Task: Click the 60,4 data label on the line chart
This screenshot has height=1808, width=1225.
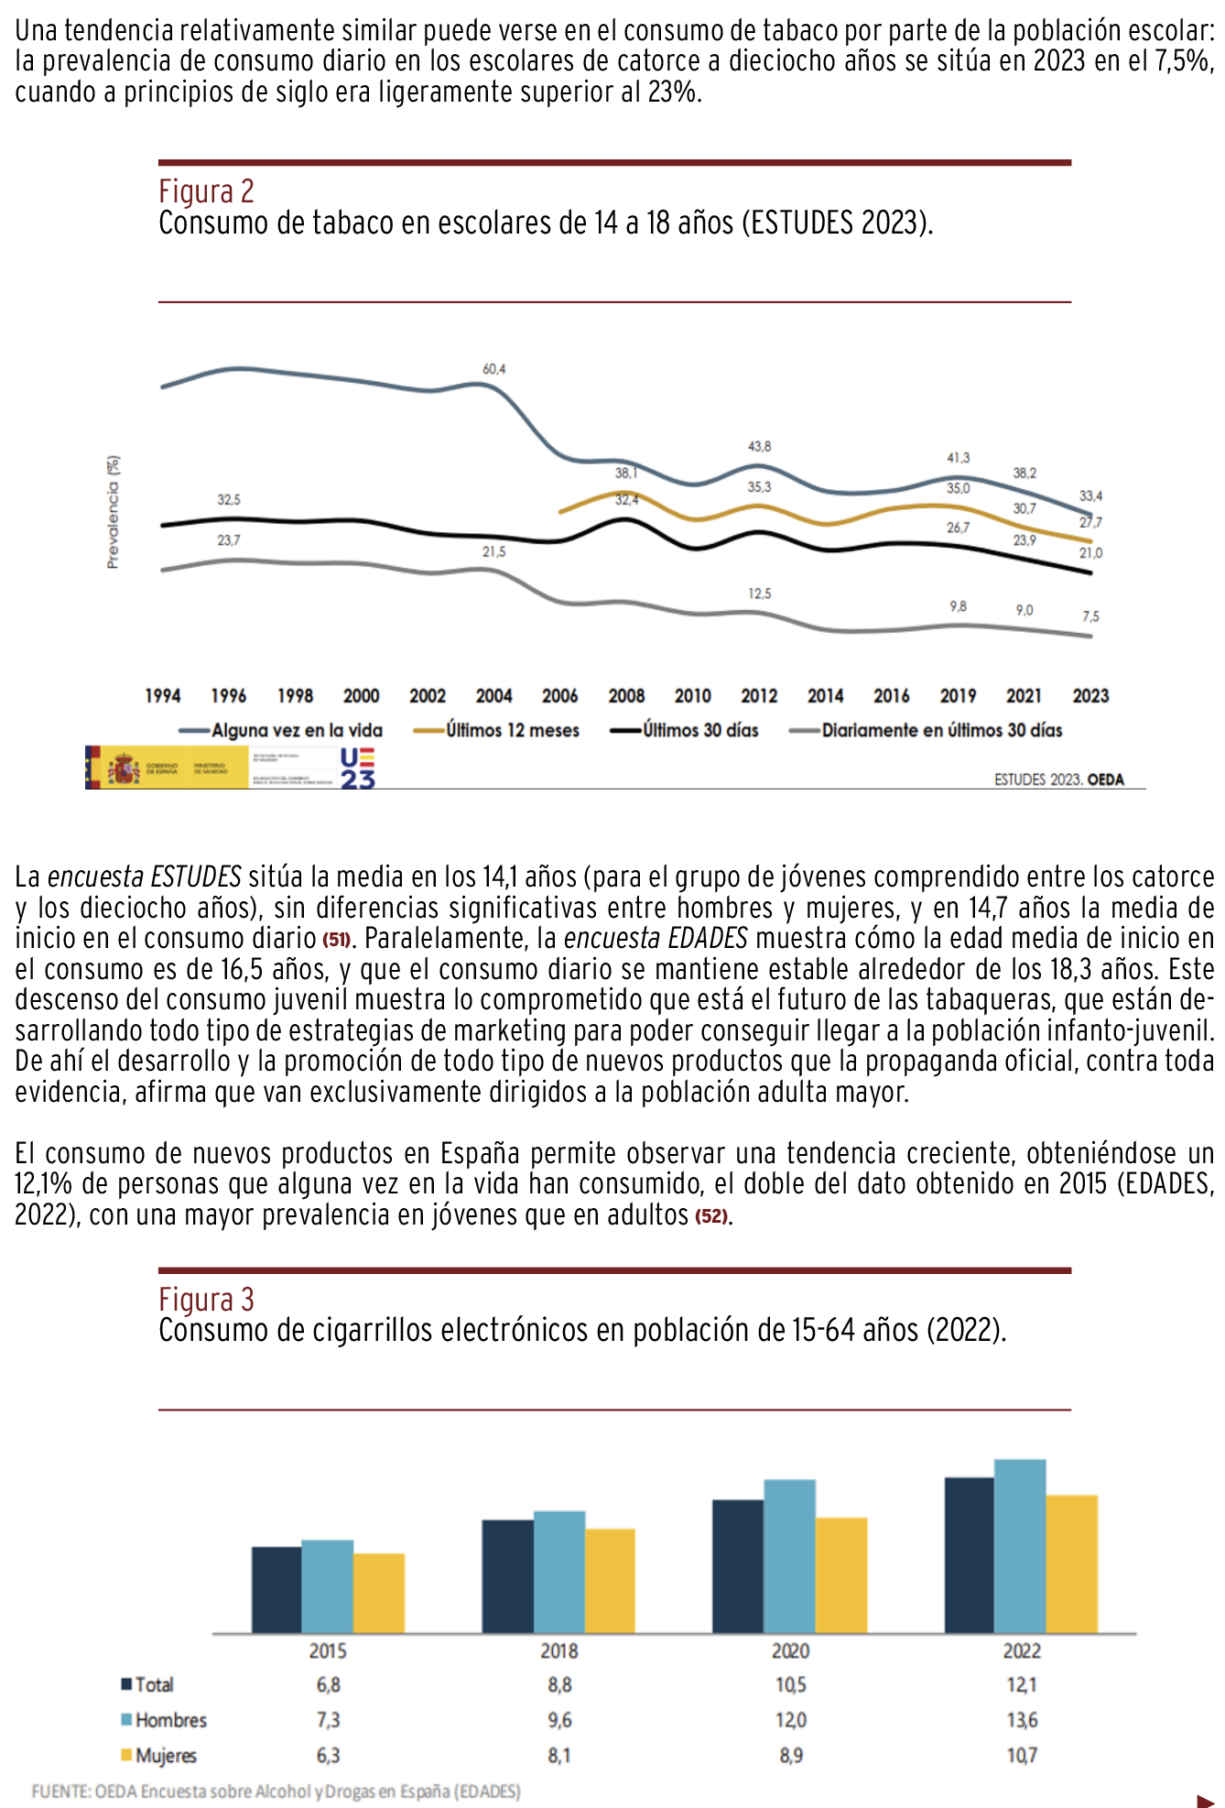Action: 493,369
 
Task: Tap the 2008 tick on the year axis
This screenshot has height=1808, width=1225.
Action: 626,696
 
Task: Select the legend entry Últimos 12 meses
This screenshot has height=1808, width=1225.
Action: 512,730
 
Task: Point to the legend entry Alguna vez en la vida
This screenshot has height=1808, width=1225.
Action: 296,730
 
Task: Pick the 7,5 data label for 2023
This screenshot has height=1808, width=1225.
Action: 1089,616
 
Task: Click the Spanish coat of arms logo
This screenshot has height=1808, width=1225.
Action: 124,768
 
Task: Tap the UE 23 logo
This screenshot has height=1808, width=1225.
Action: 357,768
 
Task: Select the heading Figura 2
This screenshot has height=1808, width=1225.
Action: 206,191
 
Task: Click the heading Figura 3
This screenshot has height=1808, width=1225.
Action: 206,1299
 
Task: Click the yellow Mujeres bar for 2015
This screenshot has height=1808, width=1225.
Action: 378,1593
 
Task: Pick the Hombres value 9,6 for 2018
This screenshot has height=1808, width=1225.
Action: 559,1720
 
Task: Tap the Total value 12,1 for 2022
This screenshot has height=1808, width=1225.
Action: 1022,1684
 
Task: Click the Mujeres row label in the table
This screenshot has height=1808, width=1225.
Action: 166,1756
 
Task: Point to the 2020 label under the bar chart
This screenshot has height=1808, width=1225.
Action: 790,1650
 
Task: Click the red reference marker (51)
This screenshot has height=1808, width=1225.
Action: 336,941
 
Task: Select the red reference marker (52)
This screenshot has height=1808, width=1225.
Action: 711,1217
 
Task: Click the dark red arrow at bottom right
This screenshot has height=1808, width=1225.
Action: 1205,1800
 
